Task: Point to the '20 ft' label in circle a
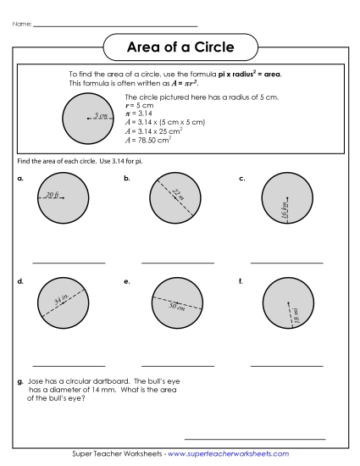pos(53,195)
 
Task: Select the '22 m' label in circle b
pos(177,195)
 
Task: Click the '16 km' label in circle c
pos(285,210)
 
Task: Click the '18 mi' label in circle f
pos(296,314)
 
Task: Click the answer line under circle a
pos(69,263)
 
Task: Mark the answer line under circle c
pos(287,263)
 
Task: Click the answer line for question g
pos(254,438)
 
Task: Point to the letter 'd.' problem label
pos(19,280)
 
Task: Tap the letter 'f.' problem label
pos(241,280)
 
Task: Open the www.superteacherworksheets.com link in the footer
pos(229,454)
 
